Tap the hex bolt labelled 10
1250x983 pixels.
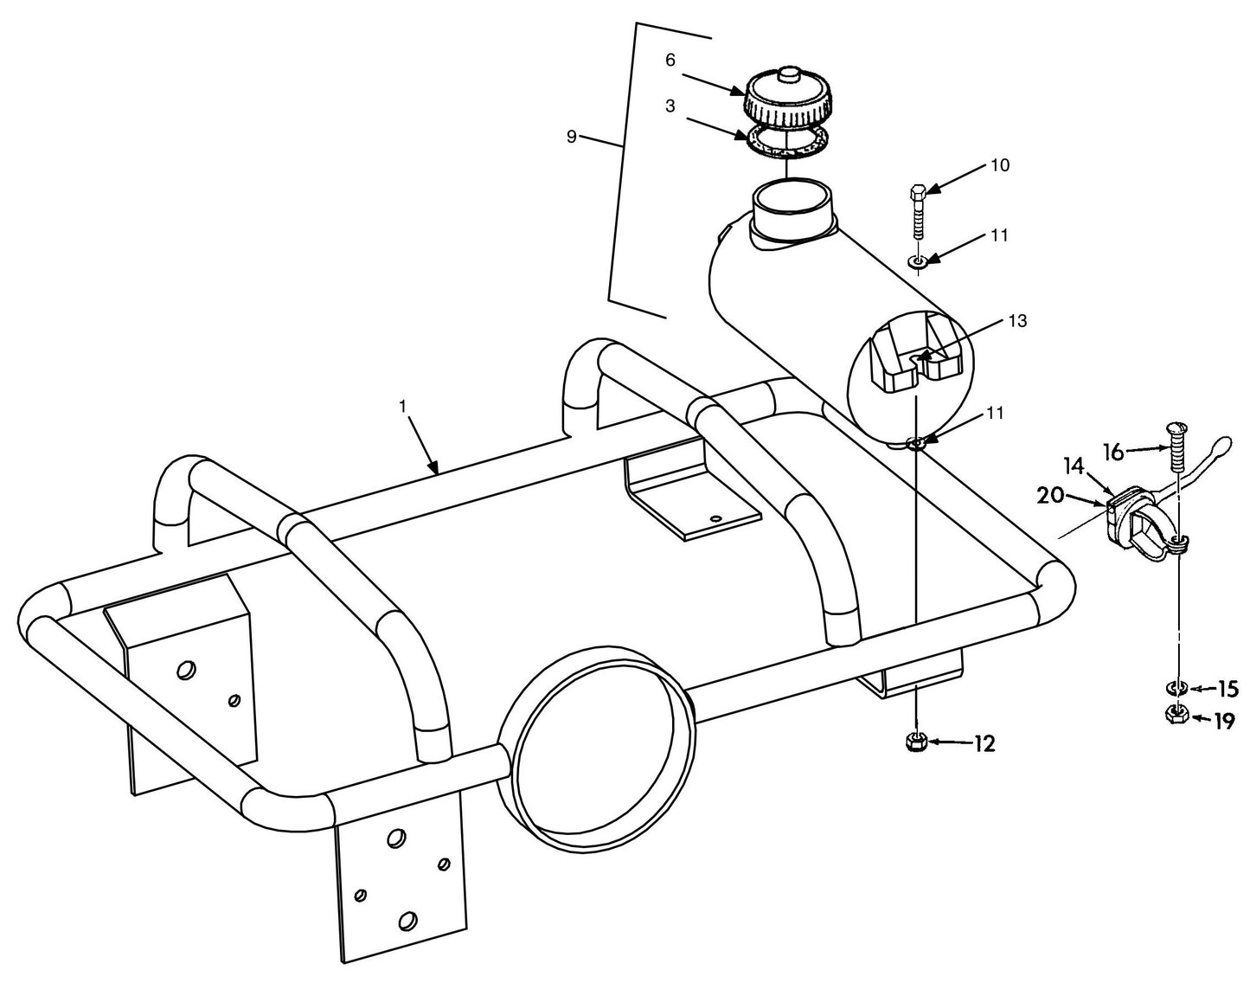[x=918, y=212]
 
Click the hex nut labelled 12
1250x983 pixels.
[x=916, y=742]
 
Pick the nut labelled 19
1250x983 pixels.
[x=1176, y=715]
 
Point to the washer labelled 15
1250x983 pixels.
[x=1176, y=689]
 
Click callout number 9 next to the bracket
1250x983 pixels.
[x=571, y=137]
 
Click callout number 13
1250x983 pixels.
[x=1017, y=321]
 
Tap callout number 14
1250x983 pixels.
[x=1073, y=466]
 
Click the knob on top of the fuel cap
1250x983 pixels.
[x=787, y=75]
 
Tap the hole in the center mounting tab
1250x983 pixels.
[x=715, y=518]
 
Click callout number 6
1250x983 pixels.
[x=670, y=60]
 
